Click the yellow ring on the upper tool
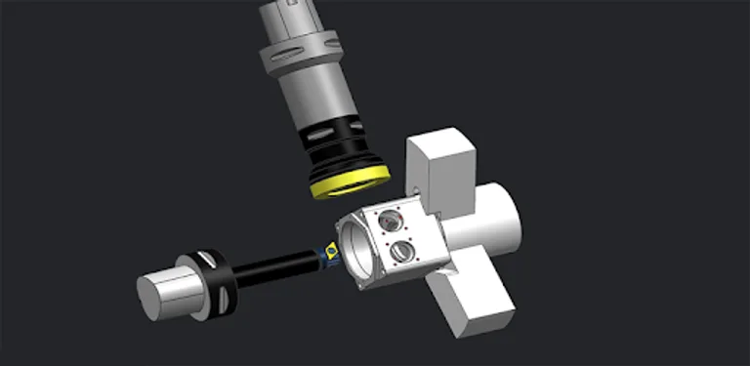pos(350,183)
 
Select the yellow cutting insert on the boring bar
pos(332,250)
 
